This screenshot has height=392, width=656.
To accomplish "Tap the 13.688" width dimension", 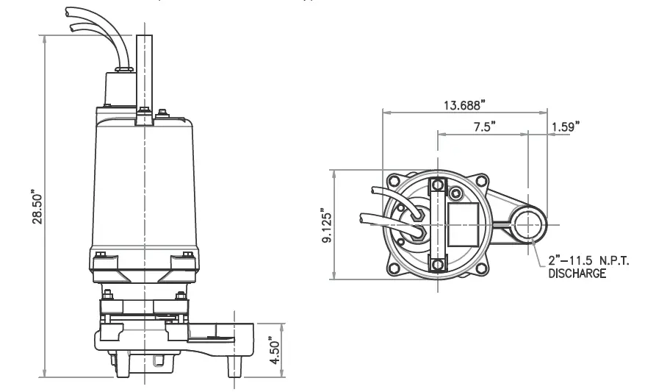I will click(x=464, y=104).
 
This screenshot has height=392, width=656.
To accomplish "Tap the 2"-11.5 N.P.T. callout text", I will click(x=589, y=262).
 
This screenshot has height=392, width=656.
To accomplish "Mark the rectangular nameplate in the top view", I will click(x=463, y=224).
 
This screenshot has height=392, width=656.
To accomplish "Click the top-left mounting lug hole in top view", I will click(x=394, y=181).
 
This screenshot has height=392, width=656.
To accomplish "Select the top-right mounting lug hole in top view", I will click(x=481, y=181).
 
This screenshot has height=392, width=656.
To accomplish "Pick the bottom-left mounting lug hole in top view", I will click(x=394, y=268).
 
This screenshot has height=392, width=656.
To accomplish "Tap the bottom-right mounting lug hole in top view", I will click(x=481, y=268).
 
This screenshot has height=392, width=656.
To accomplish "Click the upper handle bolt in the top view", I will click(x=439, y=184).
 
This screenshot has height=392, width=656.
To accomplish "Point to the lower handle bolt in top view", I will click(x=439, y=265).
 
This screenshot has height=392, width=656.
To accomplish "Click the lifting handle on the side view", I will click(x=144, y=74).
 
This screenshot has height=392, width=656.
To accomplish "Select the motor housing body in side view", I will click(x=144, y=184).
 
